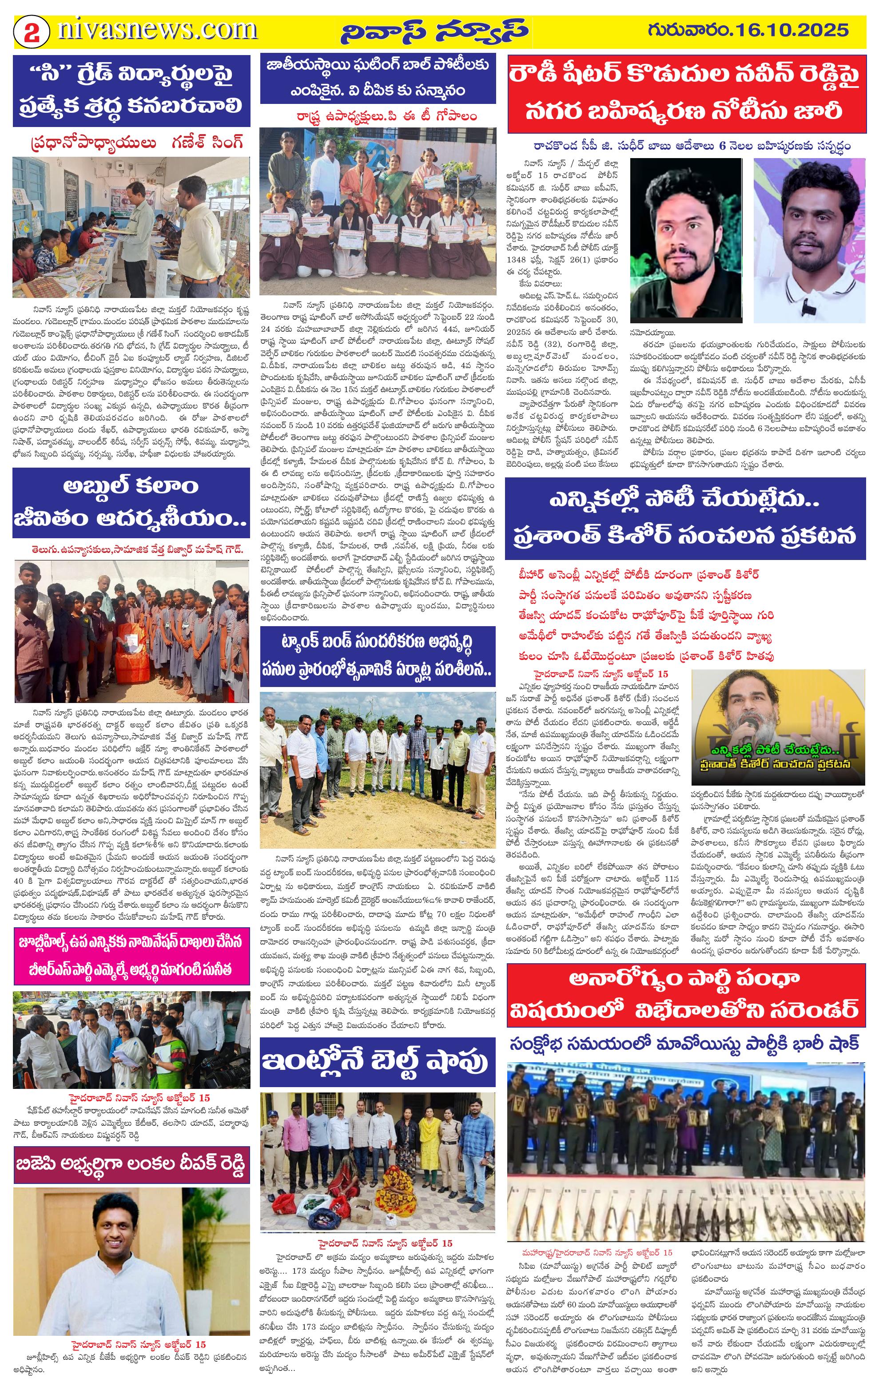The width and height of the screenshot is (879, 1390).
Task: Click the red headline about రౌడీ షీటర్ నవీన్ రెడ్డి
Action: tap(686, 94)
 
